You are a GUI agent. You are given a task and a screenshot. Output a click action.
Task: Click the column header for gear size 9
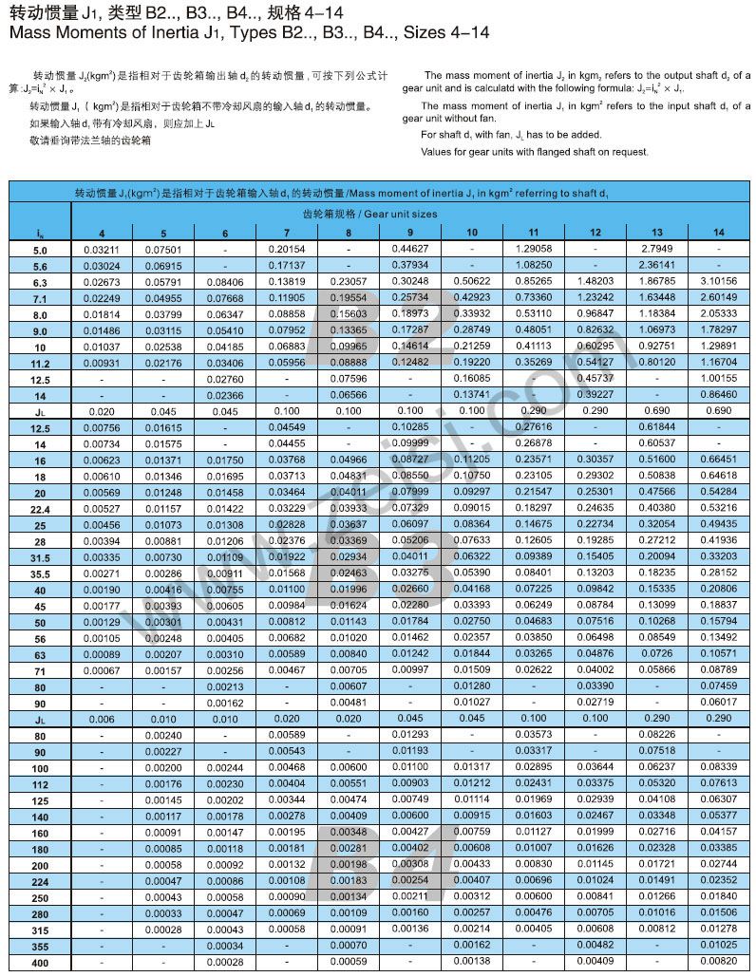[410, 233]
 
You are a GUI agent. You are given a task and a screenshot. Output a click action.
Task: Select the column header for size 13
[657, 233]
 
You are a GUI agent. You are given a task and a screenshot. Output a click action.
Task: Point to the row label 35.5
[39, 573]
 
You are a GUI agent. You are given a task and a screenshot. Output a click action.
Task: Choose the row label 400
[39, 962]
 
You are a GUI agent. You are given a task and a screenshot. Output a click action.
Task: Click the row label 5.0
[39, 250]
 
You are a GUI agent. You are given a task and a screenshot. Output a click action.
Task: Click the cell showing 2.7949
[657, 249]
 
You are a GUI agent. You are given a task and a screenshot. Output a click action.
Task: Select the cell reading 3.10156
[718, 281]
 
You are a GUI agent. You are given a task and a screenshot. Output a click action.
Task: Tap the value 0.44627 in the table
[410, 249]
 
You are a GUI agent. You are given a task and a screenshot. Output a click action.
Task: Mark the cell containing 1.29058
[534, 249]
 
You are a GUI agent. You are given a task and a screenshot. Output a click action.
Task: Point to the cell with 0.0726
[657, 654]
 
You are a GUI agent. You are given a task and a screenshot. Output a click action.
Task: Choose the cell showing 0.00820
[718, 961]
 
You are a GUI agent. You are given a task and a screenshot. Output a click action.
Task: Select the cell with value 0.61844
[657, 427]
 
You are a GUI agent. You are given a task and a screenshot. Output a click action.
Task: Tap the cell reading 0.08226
[657, 735]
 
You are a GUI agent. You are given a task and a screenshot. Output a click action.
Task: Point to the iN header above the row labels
[39, 234]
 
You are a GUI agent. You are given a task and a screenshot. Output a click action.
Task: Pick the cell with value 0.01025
[718, 945]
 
